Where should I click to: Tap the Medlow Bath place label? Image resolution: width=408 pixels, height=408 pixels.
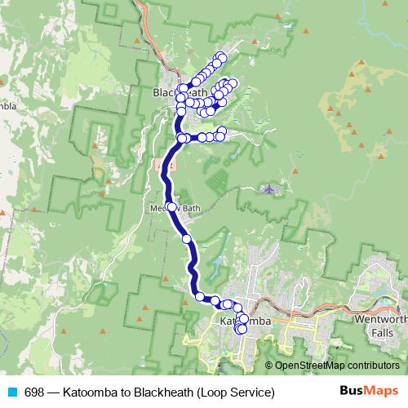pyautogui.click(x=175, y=208)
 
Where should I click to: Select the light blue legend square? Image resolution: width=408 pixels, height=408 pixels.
pyautogui.click(x=11, y=392)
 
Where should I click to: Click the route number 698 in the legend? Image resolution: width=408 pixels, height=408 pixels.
pyautogui.click(x=35, y=392)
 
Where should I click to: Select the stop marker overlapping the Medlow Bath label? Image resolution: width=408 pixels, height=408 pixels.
pyautogui.click(x=171, y=207)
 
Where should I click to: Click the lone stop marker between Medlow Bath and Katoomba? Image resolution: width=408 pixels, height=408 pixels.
pyautogui.click(x=187, y=239)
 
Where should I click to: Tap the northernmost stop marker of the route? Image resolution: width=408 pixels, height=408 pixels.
pyautogui.click(x=220, y=56)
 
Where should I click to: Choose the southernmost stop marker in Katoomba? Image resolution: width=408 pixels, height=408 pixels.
pyautogui.click(x=241, y=330)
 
